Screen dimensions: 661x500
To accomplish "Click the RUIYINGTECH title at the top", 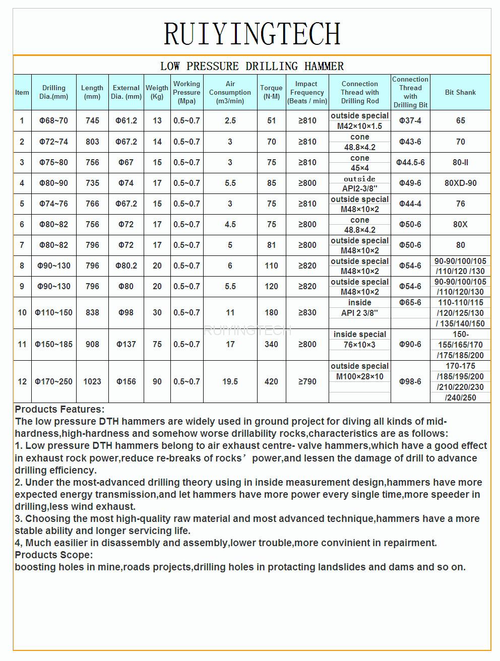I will [252, 33].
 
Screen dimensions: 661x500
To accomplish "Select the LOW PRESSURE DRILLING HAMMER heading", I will [252, 66].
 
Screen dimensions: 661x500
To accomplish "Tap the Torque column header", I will [271, 92].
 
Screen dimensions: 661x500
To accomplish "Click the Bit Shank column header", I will [460, 92].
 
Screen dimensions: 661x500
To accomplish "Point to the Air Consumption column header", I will [230, 92].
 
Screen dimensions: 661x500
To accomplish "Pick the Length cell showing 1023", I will [92, 381].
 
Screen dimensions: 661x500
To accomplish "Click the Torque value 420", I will [271, 381].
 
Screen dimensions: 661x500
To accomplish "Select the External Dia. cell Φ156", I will [126, 381].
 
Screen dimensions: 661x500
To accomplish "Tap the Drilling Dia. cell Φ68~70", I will [53, 121].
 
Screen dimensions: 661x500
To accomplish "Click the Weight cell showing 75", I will [157, 344].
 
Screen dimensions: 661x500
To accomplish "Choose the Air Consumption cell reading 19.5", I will [230, 381].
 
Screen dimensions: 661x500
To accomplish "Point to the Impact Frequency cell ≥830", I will [307, 312].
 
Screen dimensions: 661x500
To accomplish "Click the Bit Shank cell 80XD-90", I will [460, 183].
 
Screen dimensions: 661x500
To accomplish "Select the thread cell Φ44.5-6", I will [410, 162].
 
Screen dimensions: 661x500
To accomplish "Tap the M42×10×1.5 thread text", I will [359, 126].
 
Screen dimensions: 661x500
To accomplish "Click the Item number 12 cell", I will [22, 381].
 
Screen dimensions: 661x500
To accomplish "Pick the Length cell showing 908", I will [92, 344].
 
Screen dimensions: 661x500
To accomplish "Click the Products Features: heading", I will [59, 409].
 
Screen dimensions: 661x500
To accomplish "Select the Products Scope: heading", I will [54, 555].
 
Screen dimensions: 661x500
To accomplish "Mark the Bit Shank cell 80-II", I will [460, 162].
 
